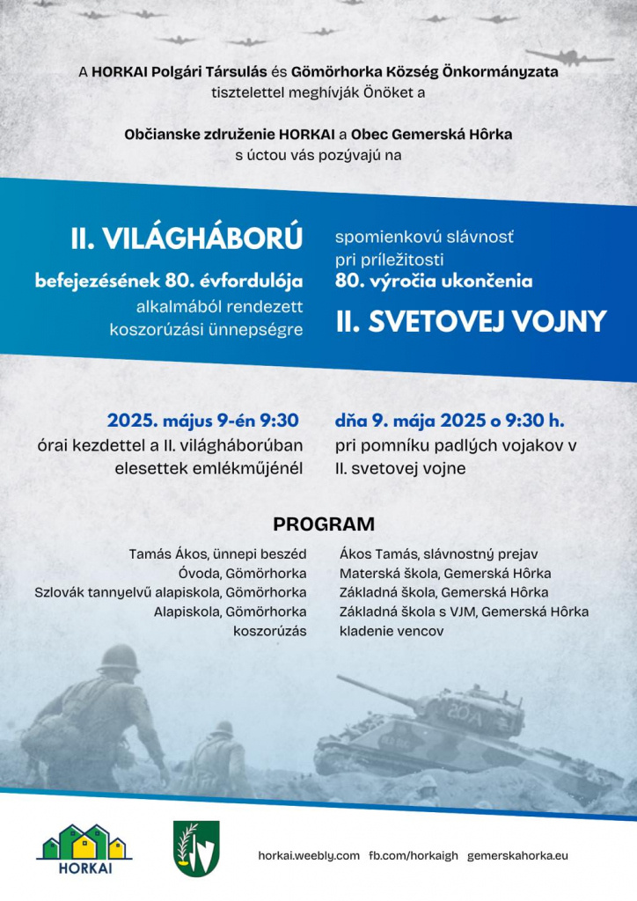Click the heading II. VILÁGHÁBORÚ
(x=187, y=238)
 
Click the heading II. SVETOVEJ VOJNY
(x=471, y=321)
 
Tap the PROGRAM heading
(x=324, y=524)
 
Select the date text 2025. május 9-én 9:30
(x=203, y=420)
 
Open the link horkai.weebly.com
(x=309, y=855)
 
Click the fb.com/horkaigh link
(x=413, y=855)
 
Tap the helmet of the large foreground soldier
(x=121, y=658)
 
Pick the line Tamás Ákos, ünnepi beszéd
(x=217, y=554)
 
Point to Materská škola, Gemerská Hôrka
(x=445, y=574)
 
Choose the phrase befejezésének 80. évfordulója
(x=169, y=282)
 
